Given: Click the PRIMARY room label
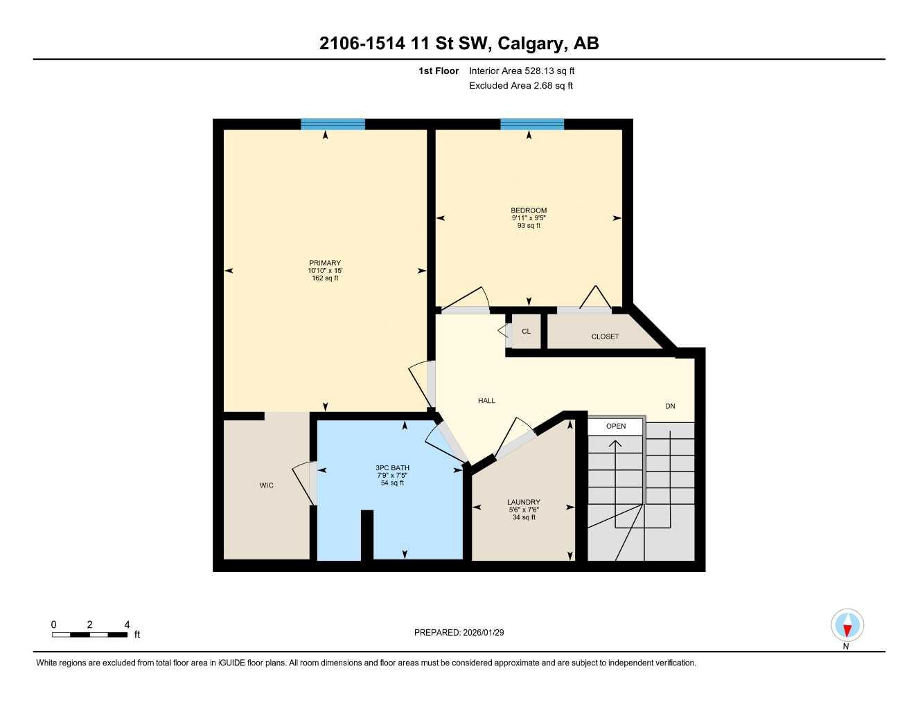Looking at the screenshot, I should click(x=325, y=263).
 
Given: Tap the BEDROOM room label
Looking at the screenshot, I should click(x=529, y=210).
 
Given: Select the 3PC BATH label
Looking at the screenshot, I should click(x=392, y=468).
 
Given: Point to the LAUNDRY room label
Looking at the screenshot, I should click(x=524, y=503).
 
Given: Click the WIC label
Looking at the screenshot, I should click(x=267, y=485).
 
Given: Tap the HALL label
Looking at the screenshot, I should click(x=486, y=401).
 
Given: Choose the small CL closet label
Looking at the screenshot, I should click(x=527, y=332).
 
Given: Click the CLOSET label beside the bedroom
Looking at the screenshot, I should click(x=605, y=336).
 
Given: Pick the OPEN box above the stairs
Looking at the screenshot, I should click(x=616, y=427).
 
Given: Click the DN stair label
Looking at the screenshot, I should click(x=670, y=406).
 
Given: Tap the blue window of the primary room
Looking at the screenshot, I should click(x=333, y=125).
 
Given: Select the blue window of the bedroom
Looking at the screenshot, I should click(x=532, y=125).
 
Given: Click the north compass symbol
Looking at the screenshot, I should click(x=847, y=627).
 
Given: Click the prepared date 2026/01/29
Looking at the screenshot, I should click(x=459, y=632).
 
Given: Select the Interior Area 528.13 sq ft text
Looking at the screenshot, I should click(x=522, y=71).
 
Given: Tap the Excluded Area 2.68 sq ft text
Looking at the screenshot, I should click(x=521, y=86).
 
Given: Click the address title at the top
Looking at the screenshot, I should click(x=459, y=44).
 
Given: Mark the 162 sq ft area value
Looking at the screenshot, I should click(x=325, y=278).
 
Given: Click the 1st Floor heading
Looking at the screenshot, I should click(x=439, y=71).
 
